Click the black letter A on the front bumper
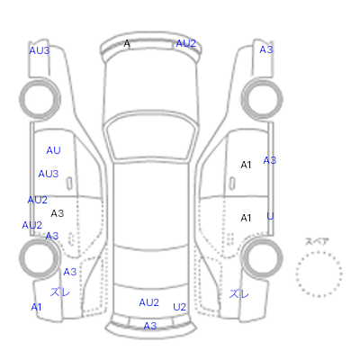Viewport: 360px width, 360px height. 127,44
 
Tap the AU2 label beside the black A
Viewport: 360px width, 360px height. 185,43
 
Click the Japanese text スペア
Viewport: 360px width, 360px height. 317,241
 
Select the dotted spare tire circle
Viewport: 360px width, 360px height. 319,252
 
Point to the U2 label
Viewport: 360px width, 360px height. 179,307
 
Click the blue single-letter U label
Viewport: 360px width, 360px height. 270,216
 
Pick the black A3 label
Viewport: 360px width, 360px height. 58,213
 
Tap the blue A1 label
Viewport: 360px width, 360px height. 36,307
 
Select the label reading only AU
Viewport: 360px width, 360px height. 53,150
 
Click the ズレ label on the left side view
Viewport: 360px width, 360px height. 60,292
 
